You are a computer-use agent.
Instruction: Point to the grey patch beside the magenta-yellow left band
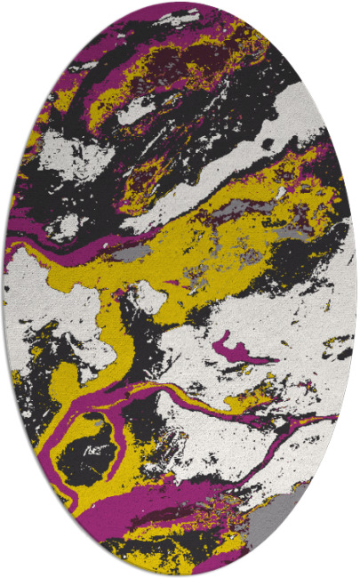tap(130, 254)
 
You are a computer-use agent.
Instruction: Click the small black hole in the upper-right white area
tap(267, 142)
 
